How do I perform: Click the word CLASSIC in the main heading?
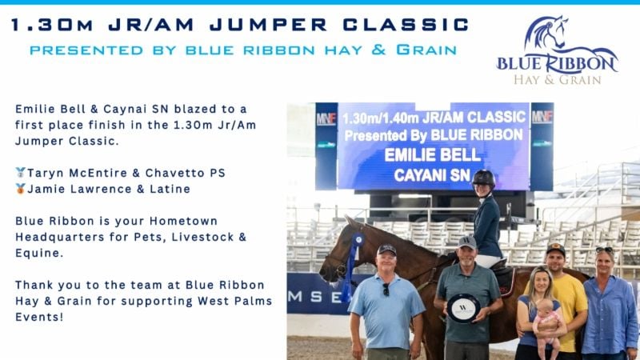click(406, 25)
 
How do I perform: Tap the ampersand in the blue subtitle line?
click(378, 50)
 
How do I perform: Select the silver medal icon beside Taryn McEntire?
click(20, 173)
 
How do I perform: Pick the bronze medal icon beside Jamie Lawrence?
click(20, 189)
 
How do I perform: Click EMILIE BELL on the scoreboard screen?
click(433, 155)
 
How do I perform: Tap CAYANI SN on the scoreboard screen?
click(432, 175)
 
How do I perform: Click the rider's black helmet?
click(483, 178)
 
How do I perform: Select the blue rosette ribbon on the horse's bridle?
click(352, 262)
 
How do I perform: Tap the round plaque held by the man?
click(463, 309)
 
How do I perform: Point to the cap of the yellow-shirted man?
click(555, 249)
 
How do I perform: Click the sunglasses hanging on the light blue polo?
click(386, 289)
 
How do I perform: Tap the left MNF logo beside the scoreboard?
click(326, 118)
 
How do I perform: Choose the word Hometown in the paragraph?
click(184, 222)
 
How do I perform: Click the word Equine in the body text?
click(39, 253)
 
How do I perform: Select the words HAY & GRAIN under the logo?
click(557, 79)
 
